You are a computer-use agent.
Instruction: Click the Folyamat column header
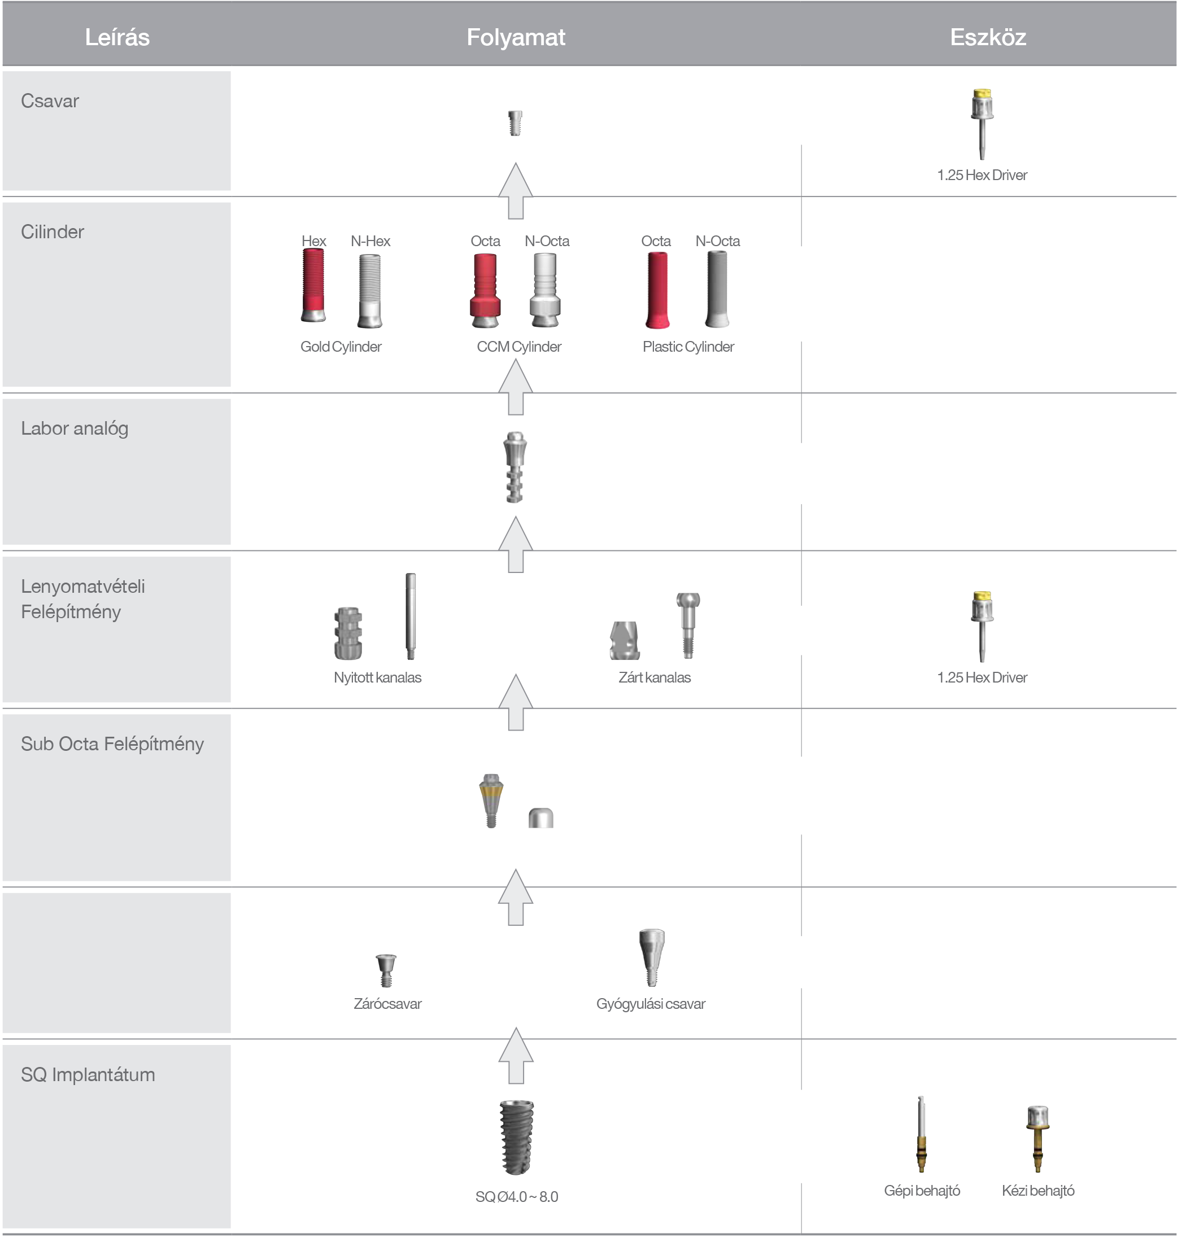(515, 37)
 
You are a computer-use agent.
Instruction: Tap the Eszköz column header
(988, 37)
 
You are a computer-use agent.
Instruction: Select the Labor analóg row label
(75, 428)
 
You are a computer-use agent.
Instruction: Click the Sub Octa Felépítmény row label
(112, 744)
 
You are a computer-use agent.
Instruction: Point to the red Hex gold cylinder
(313, 286)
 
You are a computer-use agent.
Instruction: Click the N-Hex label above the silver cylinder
(370, 241)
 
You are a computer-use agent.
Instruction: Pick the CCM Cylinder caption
(518, 347)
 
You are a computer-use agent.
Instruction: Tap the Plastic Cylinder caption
(688, 347)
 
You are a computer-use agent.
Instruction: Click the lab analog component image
(515, 467)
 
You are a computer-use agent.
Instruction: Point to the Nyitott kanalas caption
(377, 677)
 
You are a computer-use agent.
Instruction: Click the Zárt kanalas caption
(655, 677)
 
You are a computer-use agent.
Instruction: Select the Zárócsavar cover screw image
(386, 970)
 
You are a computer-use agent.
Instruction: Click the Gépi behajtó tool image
(921, 1134)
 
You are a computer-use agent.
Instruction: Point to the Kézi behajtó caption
(1037, 1191)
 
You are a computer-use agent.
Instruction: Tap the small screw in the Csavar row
(515, 123)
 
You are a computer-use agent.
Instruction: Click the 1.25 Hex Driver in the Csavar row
(982, 124)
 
